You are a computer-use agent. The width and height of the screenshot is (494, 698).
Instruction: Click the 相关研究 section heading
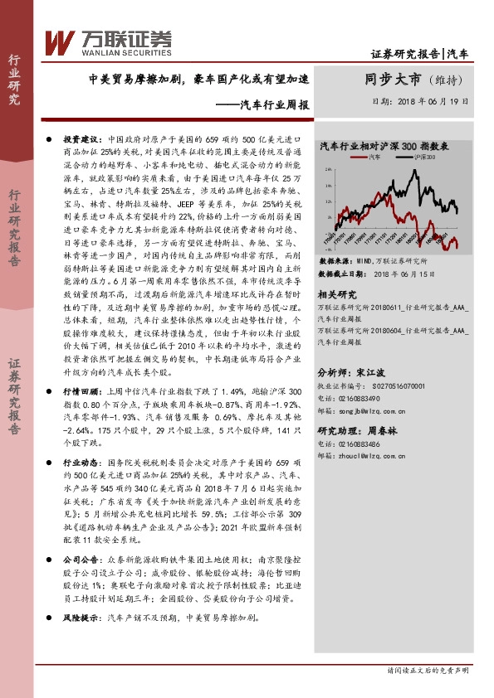point(337,294)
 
